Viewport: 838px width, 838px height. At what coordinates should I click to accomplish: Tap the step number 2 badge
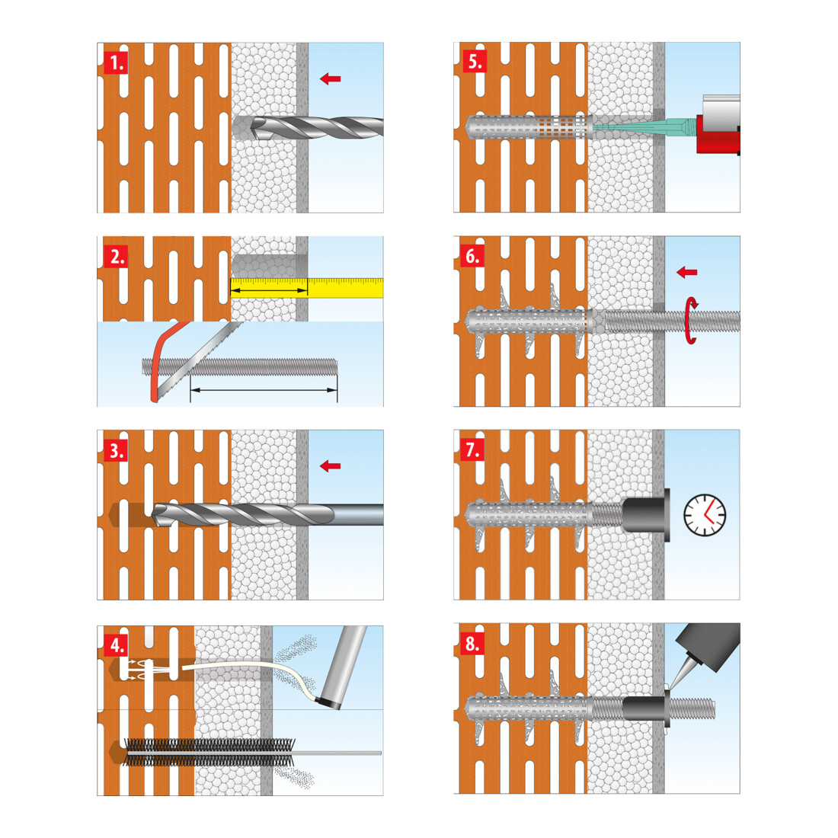click(116, 257)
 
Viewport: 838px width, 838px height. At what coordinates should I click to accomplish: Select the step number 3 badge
click(116, 450)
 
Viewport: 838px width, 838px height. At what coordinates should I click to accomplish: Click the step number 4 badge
click(116, 645)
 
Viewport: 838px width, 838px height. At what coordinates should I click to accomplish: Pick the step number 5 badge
click(473, 62)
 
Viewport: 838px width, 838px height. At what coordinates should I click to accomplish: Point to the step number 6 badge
click(473, 257)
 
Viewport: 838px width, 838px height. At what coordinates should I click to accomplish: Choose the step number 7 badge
click(473, 449)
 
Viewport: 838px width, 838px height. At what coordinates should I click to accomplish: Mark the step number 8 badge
click(473, 644)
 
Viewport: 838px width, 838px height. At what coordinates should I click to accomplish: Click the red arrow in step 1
click(331, 79)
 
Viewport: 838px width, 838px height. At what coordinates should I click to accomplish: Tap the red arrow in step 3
click(331, 466)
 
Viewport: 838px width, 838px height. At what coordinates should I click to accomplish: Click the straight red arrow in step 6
click(686, 273)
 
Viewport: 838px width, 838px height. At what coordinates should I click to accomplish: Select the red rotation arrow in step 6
click(691, 320)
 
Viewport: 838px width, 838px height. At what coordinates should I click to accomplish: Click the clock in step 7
click(705, 515)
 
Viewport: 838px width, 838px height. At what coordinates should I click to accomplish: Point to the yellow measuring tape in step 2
click(307, 287)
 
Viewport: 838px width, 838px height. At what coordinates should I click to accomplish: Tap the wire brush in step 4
click(209, 753)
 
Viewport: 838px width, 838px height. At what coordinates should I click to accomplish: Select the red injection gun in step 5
click(719, 133)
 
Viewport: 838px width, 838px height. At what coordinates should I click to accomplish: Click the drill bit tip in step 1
click(254, 128)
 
